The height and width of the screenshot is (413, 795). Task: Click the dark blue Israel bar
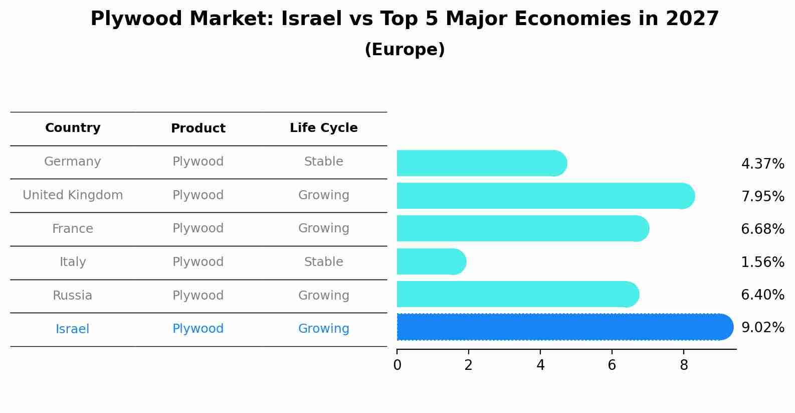tap(561, 327)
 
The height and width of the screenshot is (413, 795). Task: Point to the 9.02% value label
tap(762, 328)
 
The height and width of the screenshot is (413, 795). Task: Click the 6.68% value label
tap(762, 229)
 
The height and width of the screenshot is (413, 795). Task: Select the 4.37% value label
tap(762, 164)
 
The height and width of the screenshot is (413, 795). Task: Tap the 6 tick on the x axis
tap(612, 365)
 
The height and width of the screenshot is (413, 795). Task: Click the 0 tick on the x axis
tap(397, 365)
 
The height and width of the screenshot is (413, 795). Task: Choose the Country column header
tap(73, 128)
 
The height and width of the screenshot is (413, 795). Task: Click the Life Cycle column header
tap(323, 128)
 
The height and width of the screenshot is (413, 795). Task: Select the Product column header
tap(198, 128)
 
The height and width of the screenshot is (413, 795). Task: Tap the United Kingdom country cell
tap(73, 195)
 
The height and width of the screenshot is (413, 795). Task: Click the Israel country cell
tap(73, 329)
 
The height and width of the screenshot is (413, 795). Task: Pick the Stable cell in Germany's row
tap(323, 162)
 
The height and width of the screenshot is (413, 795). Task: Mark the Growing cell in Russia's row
tap(323, 296)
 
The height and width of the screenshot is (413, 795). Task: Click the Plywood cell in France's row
tap(198, 228)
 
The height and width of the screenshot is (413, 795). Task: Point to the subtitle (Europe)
tap(405, 50)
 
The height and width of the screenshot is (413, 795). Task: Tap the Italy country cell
tap(73, 262)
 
